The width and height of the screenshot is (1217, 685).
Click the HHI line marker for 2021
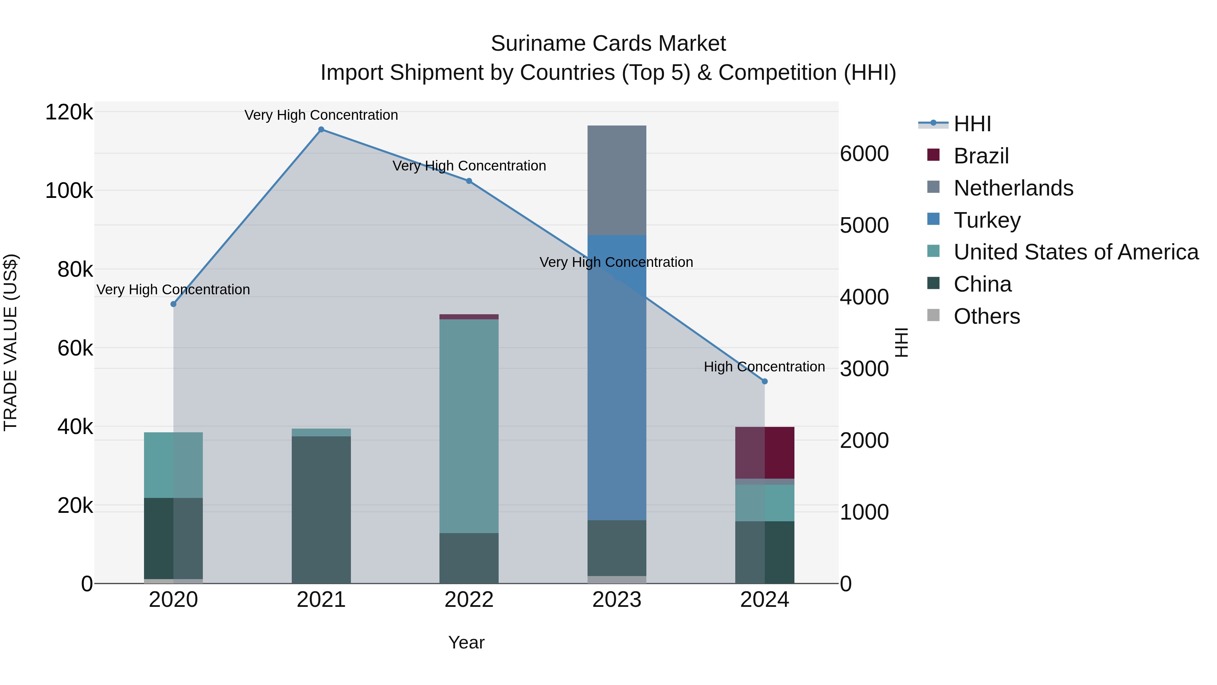(x=321, y=130)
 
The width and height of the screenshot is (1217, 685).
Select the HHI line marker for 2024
(x=765, y=382)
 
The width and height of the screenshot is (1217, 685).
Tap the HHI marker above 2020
(x=173, y=304)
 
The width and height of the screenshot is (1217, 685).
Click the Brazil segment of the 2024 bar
(x=765, y=453)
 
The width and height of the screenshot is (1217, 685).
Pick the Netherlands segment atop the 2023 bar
(x=617, y=180)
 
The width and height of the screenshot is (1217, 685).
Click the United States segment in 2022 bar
(x=469, y=426)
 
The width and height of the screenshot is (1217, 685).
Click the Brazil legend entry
(x=981, y=156)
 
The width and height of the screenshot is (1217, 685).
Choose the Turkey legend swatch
(x=933, y=219)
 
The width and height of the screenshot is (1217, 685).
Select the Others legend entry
(x=986, y=316)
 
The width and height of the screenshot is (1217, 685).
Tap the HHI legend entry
(x=972, y=124)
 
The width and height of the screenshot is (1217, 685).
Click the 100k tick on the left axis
(x=69, y=191)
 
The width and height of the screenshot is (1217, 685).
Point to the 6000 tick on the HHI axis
(x=864, y=154)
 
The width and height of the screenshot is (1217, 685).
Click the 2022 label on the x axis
(x=469, y=600)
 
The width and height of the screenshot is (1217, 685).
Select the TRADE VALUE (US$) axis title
(x=11, y=342)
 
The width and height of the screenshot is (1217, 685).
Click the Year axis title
(x=466, y=642)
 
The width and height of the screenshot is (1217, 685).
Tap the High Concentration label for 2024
(x=764, y=367)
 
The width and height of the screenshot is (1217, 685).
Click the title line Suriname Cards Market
(x=608, y=44)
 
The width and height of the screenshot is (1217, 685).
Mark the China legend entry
(x=982, y=284)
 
